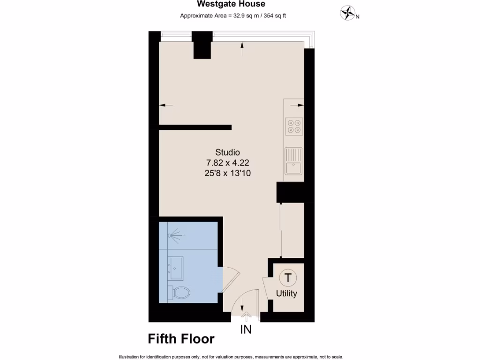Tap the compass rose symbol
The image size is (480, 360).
pyautogui.click(x=347, y=13)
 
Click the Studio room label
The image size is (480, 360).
pyautogui.click(x=227, y=152)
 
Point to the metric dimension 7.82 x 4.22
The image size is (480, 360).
pyautogui.click(x=227, y=163)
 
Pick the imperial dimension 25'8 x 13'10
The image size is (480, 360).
pyautogui.click(x=227, y=173)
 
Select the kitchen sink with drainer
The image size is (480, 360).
pyautogui.click(x=294, y=160)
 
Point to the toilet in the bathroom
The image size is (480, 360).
pyautogui.click(x=180, y=292)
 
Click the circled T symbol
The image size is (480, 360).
pyautogui.click(x=287, y=277)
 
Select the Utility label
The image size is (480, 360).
pyautogui.click(x=286, y=294)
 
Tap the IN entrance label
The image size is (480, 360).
pyautogui.click(x=246, y=330)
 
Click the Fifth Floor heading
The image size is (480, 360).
pyautogui.click(x=181, y=338)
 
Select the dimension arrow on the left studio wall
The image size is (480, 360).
pyautogui.click(x=165, y=105)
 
